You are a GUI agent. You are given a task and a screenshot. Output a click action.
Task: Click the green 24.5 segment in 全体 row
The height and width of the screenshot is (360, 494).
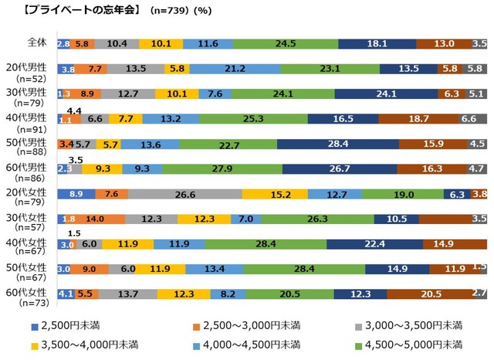click(x=285, y=44)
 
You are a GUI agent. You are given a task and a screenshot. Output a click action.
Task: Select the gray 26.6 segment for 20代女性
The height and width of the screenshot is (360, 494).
click(x=184, y=194)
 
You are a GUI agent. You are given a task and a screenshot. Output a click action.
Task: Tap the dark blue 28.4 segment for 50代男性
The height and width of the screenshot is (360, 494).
click(x=337, y=144)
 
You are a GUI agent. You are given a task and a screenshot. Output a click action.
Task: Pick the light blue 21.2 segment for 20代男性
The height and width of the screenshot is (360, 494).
click(x=235, y=69)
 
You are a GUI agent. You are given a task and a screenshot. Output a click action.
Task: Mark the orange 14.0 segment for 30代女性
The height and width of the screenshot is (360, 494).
click(x=95, y=219)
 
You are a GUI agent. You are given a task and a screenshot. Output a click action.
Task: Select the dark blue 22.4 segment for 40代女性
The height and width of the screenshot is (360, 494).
click(x=374, y=244)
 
